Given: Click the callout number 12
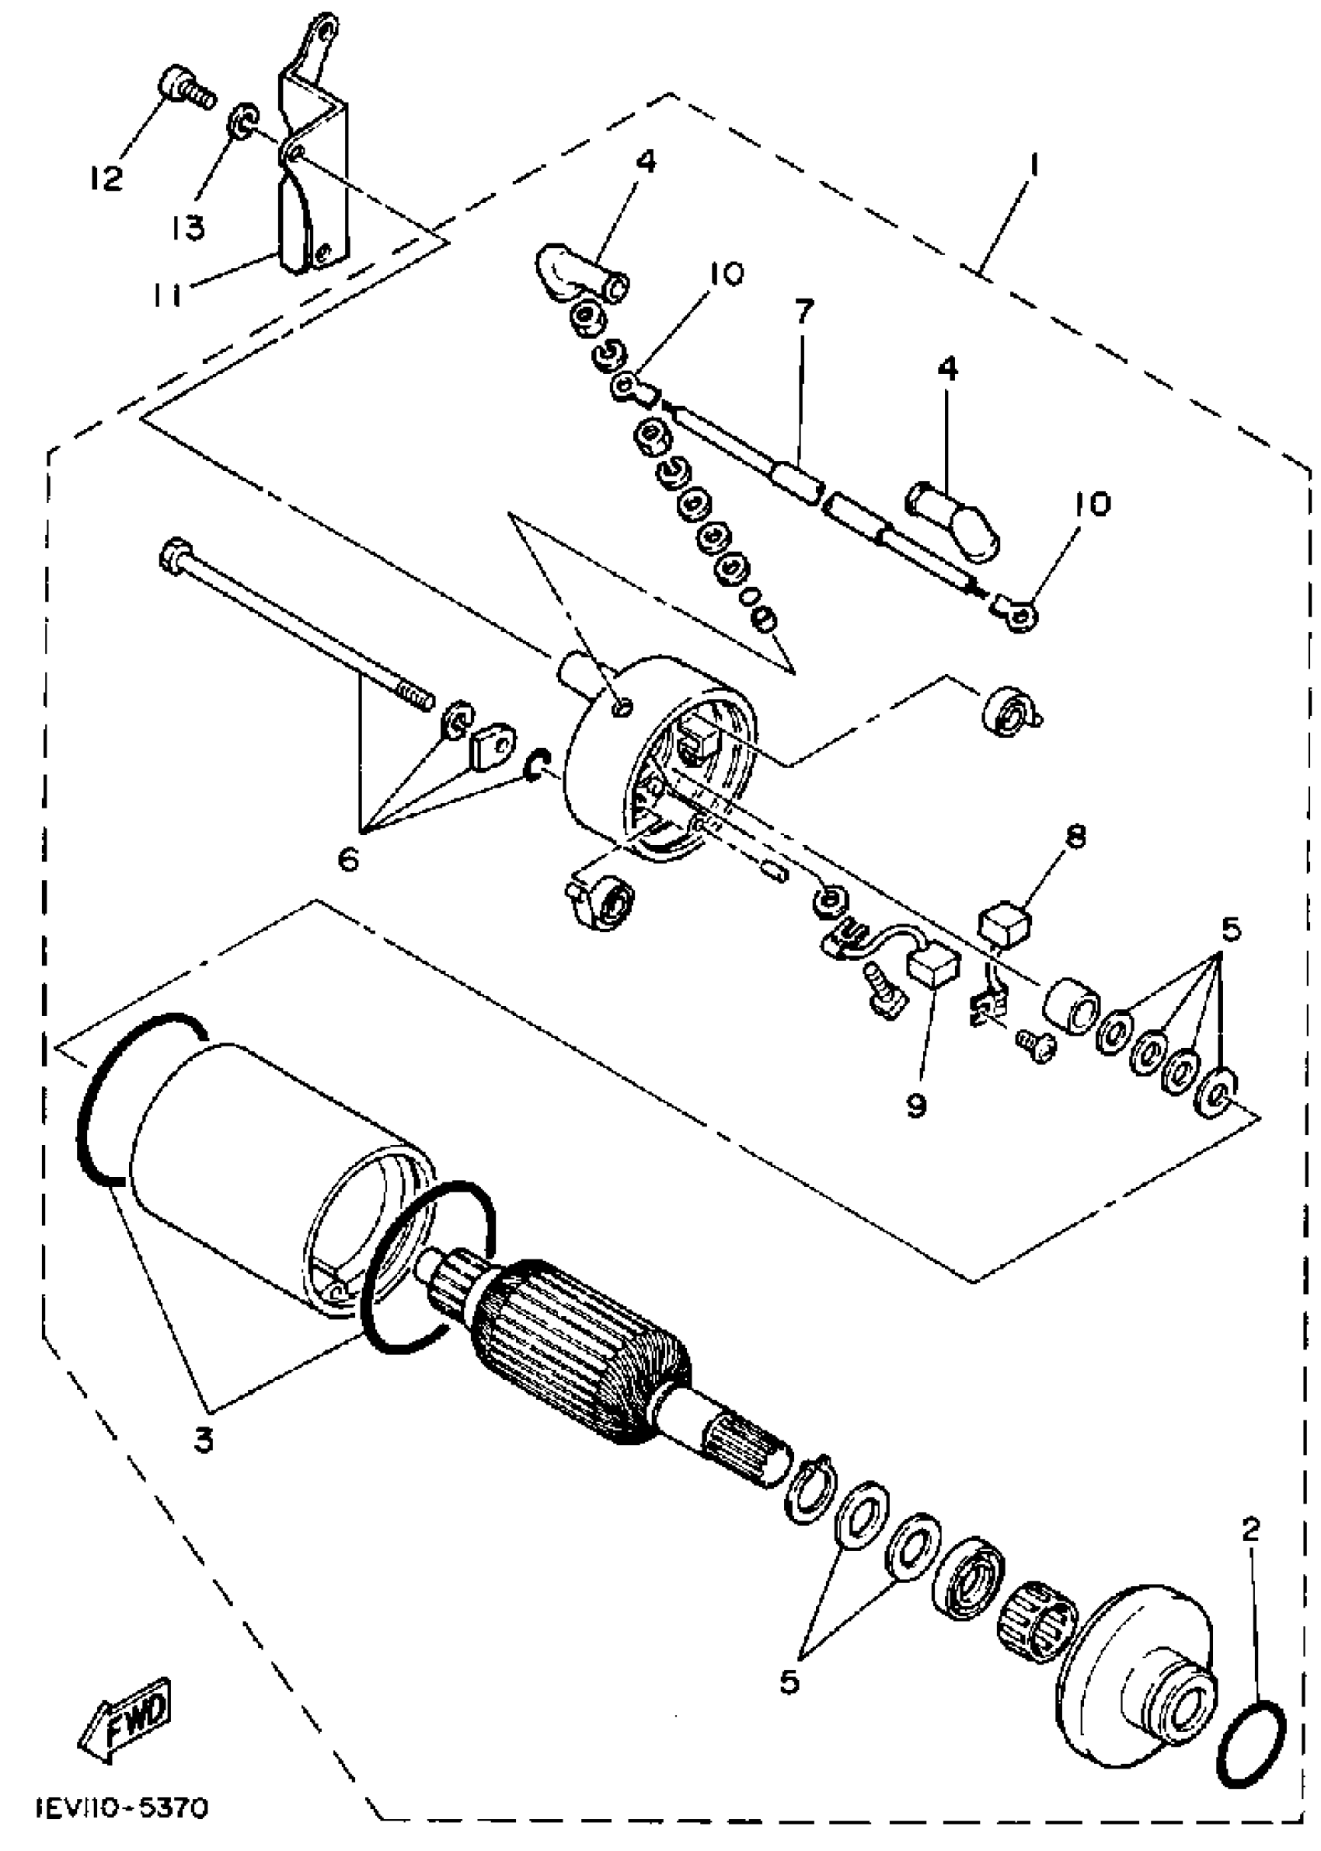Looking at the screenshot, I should point(106,177).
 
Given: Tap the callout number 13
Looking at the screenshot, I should point(188,229).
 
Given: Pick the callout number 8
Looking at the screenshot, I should point(1075,837).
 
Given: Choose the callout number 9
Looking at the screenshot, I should point(917,1105).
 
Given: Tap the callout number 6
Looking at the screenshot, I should point(348,859).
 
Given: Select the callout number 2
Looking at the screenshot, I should point(1251,1530).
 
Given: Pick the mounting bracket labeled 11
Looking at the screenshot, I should point(313,162).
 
